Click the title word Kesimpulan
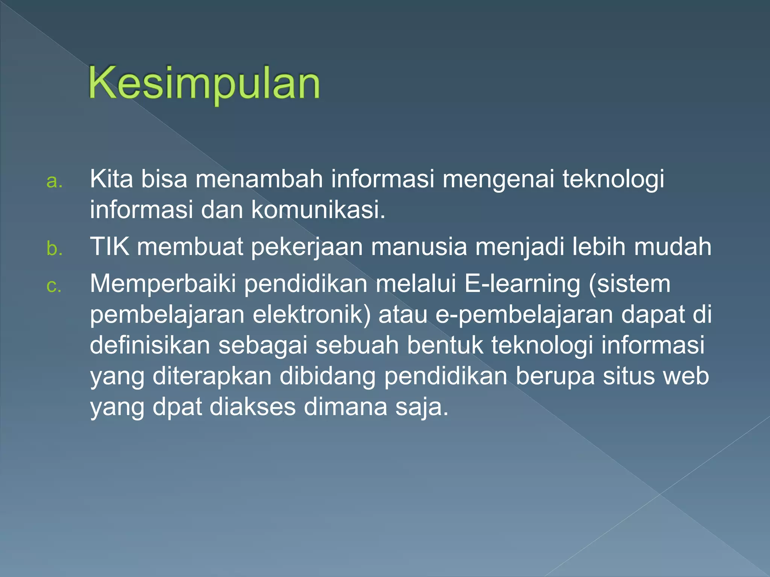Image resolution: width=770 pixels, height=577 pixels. (204, 83)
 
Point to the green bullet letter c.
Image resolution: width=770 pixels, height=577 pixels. (54, 286)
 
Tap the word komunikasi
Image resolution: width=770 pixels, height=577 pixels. (318, 209)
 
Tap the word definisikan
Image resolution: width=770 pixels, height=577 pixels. (150, 345)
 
